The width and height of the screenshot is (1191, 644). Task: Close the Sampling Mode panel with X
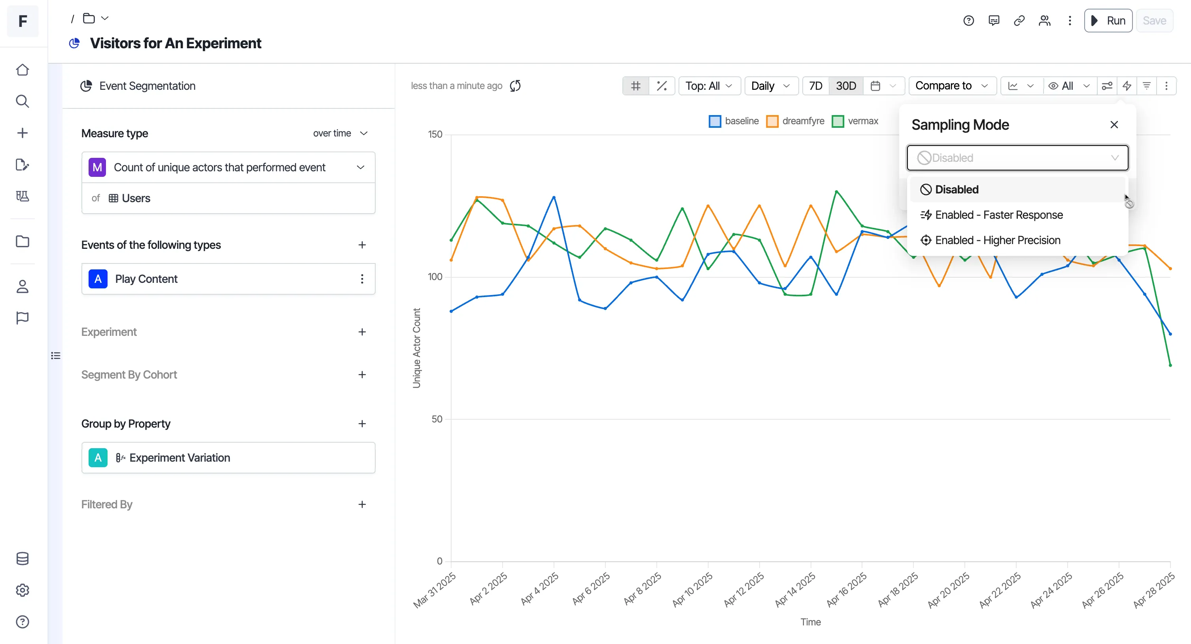pos(1114,125)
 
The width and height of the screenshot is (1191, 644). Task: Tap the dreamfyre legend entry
pos(795,121)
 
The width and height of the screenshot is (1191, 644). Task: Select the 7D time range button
pos(816,86)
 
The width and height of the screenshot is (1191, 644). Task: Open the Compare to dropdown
pos(952,86)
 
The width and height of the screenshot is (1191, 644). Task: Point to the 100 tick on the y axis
pos(435,277)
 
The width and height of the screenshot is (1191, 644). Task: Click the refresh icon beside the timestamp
pos(515,86)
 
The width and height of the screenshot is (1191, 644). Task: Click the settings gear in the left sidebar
pos(22,590)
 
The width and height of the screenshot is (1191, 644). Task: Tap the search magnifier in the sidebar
pos(22,101)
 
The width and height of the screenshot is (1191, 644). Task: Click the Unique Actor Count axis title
pos(416,348)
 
